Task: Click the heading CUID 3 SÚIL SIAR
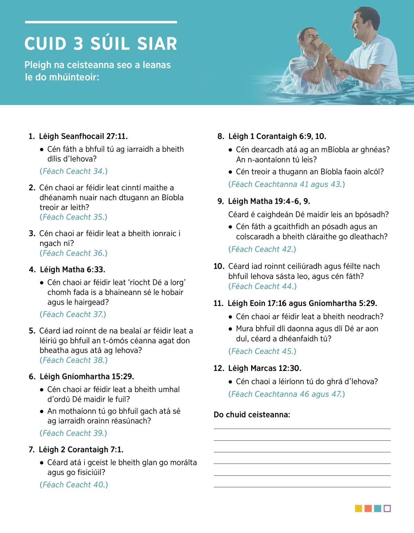(x=101, y=44)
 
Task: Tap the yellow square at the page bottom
(x=358, y=508)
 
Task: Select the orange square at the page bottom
(x=368, y=508)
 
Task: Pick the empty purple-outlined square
(x=387, y=508)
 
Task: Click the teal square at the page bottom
(x=377, y=508)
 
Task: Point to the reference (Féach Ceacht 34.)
(x=73, y=171)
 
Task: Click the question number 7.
(x=31, y=450)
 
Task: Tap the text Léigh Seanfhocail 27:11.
(x=83, y=136)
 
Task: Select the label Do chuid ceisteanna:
(x=252, y=415)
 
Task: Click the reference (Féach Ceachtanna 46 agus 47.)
(x=286, y=394)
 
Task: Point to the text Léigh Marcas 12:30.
(x=265, y=368)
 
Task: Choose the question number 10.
(x=219, y=266)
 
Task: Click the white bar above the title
(x=101, y=22)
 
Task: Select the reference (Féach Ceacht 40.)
(x=73, y=485)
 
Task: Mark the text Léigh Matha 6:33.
(x=72, y=270)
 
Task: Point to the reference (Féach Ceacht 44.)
(x=262, y=287)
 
